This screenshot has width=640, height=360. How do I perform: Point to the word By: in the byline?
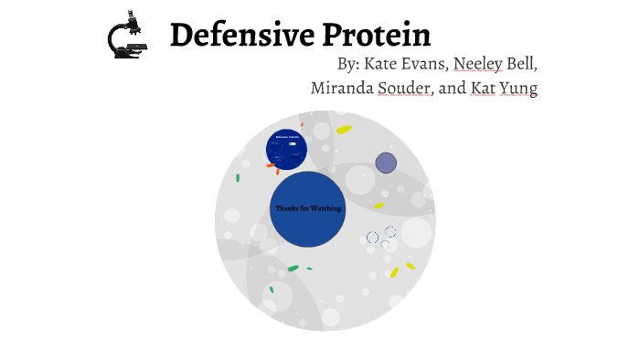click(x=348, y=65)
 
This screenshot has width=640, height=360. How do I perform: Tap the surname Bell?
click(x=524, y=65)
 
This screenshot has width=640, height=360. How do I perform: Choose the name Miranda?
click(x=342, y=89)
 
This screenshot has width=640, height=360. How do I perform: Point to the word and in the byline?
click(x=453, y=89)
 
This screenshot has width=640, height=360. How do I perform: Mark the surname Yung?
click(x=518, y=89)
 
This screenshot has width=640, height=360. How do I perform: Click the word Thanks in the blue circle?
click(x=288, y=208)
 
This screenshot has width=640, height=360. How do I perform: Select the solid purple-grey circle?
click(x=386, y=163)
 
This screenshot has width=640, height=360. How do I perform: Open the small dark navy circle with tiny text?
click(x=287, y=149)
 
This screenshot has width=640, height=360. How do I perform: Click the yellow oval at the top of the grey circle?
click(x=344, y=130)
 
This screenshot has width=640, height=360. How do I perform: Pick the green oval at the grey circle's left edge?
click(x=238, y=178)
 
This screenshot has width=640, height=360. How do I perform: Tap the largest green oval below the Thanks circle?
click(x=293, y=269)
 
